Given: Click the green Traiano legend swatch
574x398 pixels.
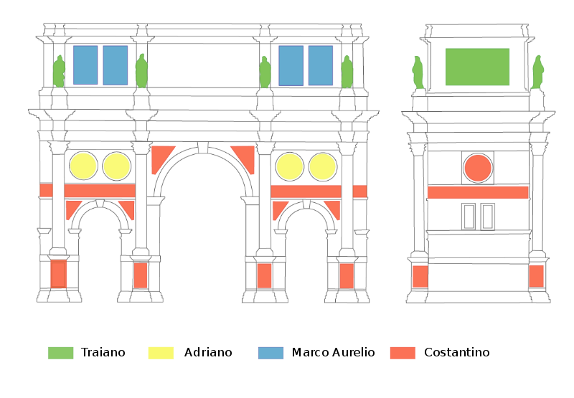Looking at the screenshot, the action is tap(60, 352).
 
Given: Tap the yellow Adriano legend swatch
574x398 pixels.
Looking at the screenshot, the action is tap(161, 352).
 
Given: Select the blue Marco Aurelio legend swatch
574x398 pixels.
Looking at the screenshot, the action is tap(270, 352).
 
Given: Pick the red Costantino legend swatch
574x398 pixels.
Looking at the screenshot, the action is tap(403, 352).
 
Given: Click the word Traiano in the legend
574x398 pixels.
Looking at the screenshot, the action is tap(103, 352).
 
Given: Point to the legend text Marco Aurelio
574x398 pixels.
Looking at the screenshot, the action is tap(333, 352).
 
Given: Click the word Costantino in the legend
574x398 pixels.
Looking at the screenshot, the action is tap(457, 352).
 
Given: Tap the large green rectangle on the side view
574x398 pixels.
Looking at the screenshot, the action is tap(477, 67).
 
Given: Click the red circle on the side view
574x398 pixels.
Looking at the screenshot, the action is tap(477, 168).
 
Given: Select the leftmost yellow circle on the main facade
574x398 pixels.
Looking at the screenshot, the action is tap(83, 166).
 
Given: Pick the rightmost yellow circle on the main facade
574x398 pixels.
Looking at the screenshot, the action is tap(322, 166).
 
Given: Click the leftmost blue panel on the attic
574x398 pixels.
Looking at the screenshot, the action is tap(85, 65).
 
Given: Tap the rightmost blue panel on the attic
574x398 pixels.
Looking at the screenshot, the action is tap(321, 65).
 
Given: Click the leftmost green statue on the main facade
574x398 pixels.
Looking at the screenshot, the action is tap(59, 71).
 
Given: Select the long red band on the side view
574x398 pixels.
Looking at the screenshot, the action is tap(478, 192).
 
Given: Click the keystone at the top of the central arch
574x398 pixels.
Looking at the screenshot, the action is tap(203, 147).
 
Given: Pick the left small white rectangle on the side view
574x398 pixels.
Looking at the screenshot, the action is tap(469, 216).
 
